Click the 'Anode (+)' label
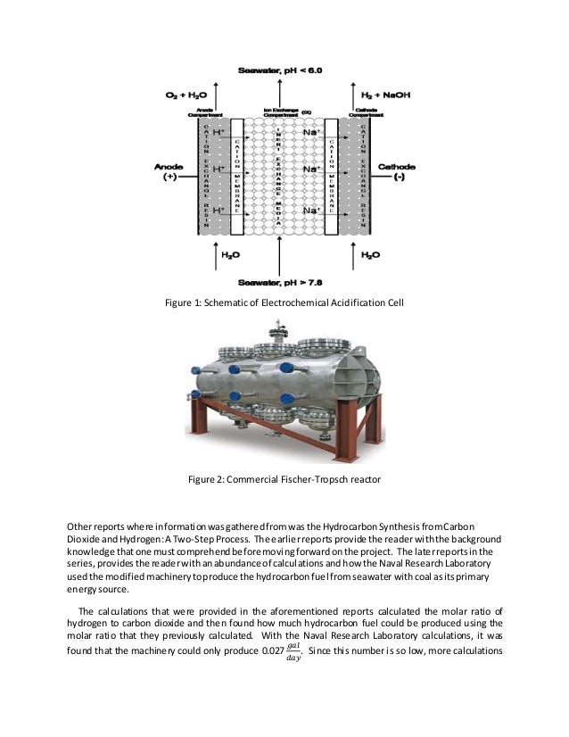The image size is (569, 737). (169, 172)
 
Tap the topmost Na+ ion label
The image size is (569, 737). (311, 132)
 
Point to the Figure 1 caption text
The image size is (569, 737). (284, 303)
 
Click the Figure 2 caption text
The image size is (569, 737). (284, 480)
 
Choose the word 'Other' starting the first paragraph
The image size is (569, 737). (83, 525)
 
